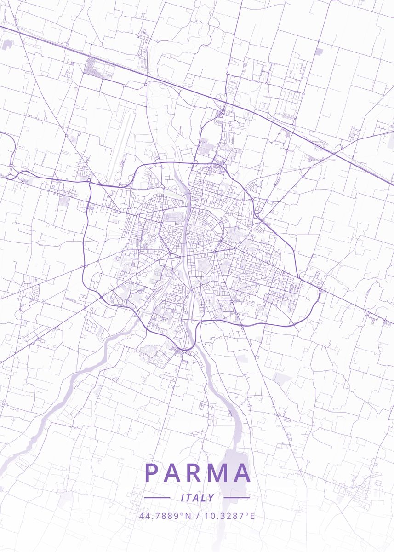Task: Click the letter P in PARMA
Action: (x=152, y=473)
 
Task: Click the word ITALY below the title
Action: (x=197, y=498)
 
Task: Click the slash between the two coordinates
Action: (x=198, y=516)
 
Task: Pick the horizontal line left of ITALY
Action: (x=157, y=498)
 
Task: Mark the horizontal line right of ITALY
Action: (x=236, y=498)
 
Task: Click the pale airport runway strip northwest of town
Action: (x=120, y=147)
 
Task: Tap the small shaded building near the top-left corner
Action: (x=8, y=45)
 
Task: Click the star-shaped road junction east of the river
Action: (x=214, y=253)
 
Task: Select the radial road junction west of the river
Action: (x=169, y=253)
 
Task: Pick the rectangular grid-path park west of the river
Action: (x=159, y=272)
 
